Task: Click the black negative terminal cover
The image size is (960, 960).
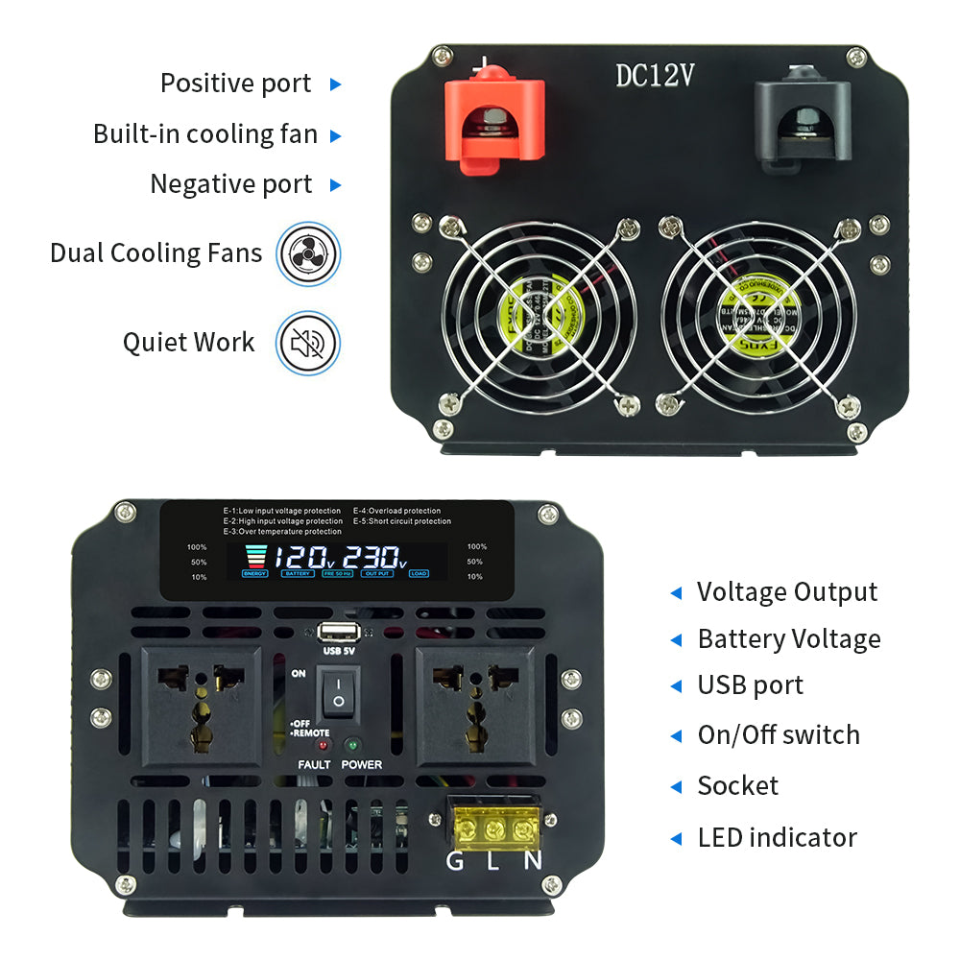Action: click(802, 120)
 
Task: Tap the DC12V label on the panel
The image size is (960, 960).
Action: click(655, 77)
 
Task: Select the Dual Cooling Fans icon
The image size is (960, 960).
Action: click(308, 253)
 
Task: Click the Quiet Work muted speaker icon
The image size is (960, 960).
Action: click(308, 343)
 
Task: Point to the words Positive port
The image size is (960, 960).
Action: click(235, 84)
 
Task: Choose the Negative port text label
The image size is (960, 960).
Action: click(230, 184)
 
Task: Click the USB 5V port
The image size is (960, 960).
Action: click(340, 631)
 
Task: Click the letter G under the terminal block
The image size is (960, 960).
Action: click(455, 860)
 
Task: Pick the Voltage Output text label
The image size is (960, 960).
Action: click(787, 592)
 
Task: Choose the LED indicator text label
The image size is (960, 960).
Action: click(777, 837)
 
